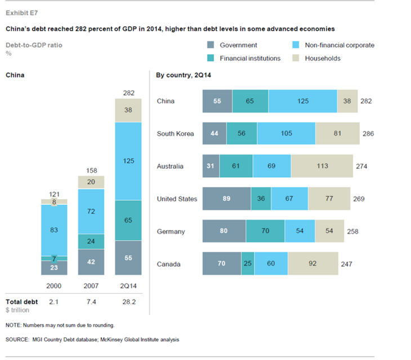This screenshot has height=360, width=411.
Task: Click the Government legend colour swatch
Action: click(211, 45)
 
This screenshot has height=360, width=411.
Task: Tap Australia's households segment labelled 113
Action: click(321, 166)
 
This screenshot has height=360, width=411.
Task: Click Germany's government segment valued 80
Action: click(224, 231)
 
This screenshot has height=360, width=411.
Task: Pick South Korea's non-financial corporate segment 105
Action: click(286, 134)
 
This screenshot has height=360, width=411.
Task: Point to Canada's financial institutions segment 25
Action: click(248, 264)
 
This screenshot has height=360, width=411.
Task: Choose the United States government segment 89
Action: click(226, 199)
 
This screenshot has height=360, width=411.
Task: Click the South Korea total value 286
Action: click(369, 134)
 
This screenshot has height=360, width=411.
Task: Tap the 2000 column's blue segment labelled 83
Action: click(55, 229)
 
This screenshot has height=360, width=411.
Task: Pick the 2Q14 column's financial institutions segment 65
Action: click(128, 220)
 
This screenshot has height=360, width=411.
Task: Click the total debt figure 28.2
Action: click(128, 302)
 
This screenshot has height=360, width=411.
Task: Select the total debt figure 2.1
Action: click(55, 302)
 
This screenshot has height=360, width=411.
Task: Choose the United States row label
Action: click(177, 199)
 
